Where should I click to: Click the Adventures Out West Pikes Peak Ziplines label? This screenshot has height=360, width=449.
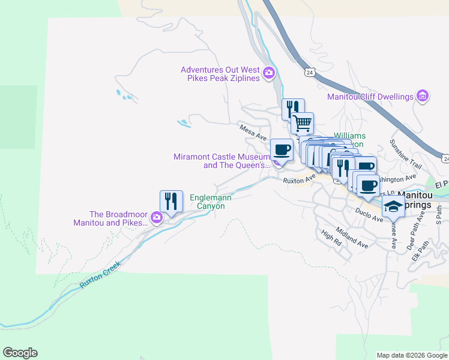click(220, 74)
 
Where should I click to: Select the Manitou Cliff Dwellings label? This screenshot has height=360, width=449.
click(370, 97)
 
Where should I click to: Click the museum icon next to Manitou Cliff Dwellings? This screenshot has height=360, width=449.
click(423, 96)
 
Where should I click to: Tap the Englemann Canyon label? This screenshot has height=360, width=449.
click(207, 201)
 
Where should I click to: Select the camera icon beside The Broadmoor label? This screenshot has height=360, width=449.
click(157, 218)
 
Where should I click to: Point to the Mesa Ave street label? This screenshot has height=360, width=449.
click(252, 132)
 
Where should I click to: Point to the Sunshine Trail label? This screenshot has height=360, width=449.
click(407, 154)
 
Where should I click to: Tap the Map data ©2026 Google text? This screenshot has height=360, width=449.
click(412, 355)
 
